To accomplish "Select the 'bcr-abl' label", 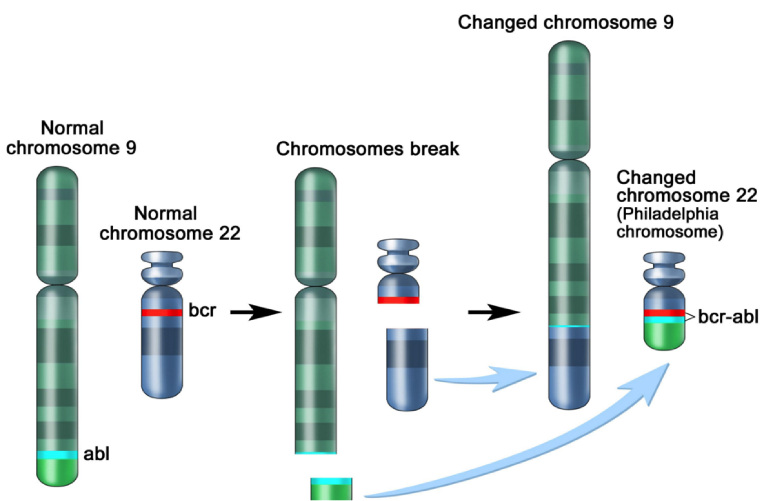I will [x=728, y=317].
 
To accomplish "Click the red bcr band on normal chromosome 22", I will [x=162, y=313].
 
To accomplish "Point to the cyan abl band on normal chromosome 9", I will [x=57, y=455].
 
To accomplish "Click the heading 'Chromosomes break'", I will [x=367, y=149].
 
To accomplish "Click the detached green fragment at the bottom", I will [x=331, y=490].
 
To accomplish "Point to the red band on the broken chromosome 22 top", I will [x=398, y=300].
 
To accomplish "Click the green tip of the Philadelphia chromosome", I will [x=665, y=337].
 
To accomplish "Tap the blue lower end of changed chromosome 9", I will [x=569, y=385].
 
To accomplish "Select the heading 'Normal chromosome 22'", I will [x=170, y=223].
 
